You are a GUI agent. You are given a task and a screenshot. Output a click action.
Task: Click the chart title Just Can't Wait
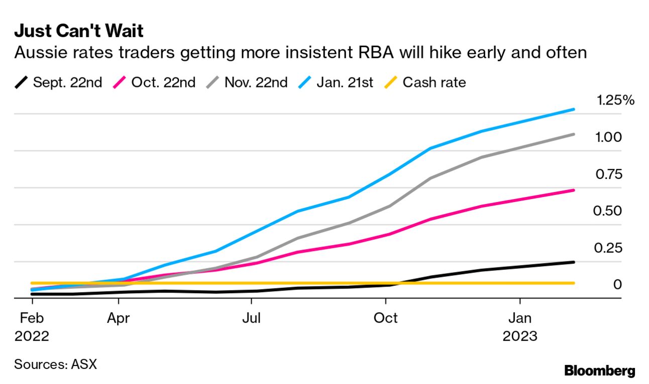point(79,31)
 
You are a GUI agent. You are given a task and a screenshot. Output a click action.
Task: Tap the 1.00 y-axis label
point(609,137)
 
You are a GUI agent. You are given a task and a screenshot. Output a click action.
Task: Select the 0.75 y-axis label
point(609,174)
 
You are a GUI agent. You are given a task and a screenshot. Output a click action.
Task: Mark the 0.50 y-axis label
point(608,211)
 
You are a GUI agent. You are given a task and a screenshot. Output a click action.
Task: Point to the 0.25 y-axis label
point(608,248)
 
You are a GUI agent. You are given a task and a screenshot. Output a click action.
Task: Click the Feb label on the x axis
point(32,318)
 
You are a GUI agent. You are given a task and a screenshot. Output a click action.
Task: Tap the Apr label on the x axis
point(119,318)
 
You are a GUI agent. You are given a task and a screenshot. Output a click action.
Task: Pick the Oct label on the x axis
point(385,318)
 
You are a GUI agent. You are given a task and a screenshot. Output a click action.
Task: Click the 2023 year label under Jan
point(519,336)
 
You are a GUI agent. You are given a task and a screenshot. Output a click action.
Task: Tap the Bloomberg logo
point(599,371)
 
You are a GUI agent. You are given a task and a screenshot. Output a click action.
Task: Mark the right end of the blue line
point(574,109)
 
